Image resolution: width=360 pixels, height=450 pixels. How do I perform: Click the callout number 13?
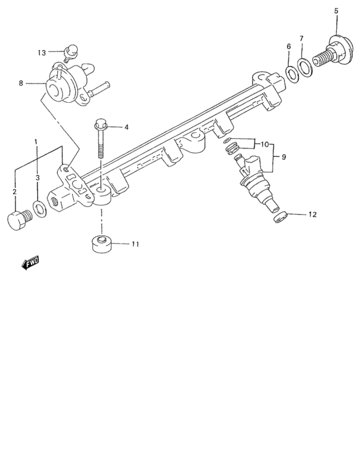pyautogui.click(x=42, y=53)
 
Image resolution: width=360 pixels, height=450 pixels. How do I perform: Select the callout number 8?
pyautogui.click(x=21, y=83)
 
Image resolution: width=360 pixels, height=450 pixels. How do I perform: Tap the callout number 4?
pyautogui.click(x=126, y=127)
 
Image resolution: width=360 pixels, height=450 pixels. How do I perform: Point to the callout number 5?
pyautogui.click(x=336, y=11)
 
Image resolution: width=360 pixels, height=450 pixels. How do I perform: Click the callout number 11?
pyautogui.click(x=135, y=244)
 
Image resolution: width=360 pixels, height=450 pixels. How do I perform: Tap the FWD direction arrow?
pyautogui.click(x=29, y=262)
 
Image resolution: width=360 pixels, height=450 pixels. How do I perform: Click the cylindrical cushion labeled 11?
pyautogui.click(x=101, y=246)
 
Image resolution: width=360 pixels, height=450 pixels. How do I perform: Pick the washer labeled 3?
pyautogui.click(x=39, y=208)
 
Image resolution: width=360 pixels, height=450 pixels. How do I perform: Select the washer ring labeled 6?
pyautogui.click(x=291, y=73)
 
